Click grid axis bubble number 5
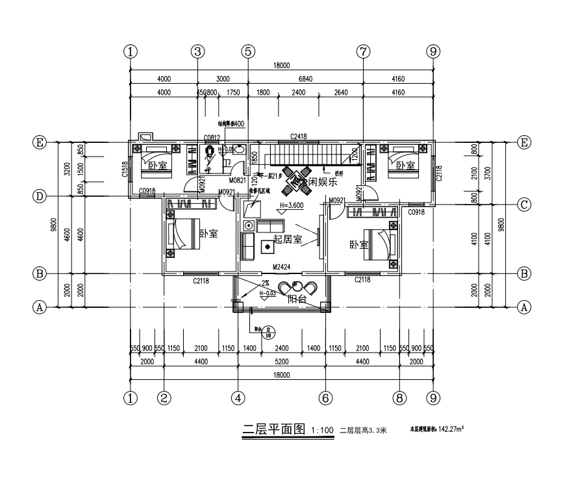click(247, 51)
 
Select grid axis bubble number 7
click(363, 51)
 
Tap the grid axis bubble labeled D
click(40, 195)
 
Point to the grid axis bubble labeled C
click(525, 204)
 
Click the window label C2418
click(298, 136)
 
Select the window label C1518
click(124, 168)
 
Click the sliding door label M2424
click(281, 266)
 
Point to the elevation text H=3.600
click(291, 205)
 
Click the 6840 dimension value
click(305, 79)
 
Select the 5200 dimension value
click(281, 362)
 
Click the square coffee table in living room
click(267, 246)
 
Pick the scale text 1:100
click(322, 429)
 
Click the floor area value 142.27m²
click(455, 429)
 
